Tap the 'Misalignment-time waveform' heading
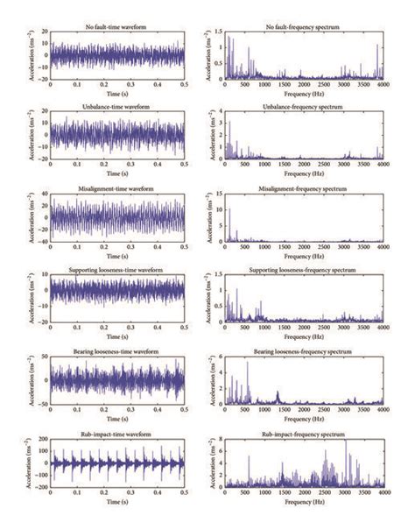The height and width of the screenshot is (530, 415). [117, 187]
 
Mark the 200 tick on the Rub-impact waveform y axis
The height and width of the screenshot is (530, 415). [42, 441]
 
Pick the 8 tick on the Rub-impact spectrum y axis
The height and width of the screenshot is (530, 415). [220, 441]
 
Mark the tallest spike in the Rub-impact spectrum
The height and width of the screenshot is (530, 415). [345, 443]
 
